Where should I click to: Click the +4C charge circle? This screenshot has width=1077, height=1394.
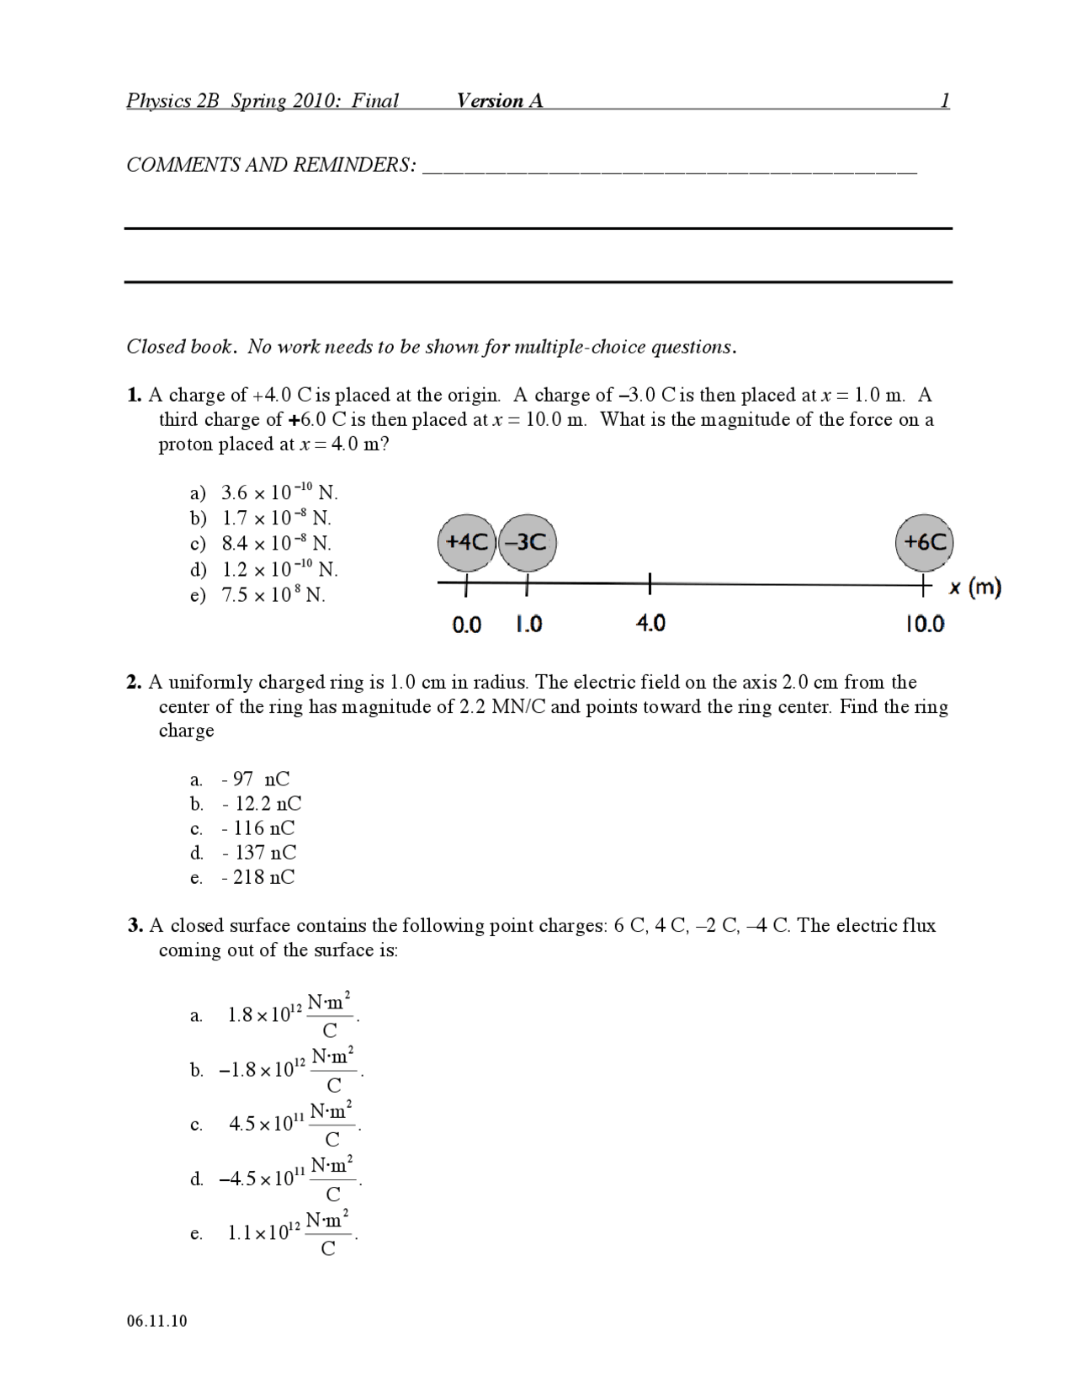tap(467, 542)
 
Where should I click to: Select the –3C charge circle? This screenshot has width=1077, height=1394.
tap(528, 542)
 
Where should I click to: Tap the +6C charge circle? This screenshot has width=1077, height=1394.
tap(924, 542)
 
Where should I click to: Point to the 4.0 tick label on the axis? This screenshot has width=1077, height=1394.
tap(650, 623)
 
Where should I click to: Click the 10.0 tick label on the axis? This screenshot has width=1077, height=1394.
tap(924, 624)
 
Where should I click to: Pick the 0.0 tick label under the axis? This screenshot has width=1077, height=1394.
tap(466, 625)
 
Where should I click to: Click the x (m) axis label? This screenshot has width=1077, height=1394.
tap(974, 588)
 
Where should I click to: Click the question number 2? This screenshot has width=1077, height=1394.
tap(134, 682)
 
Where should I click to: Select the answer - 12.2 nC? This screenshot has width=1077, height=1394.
tap(261, 804)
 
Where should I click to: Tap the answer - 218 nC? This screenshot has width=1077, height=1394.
tap(257, 877)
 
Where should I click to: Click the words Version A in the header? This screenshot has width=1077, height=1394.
tap(500, 101)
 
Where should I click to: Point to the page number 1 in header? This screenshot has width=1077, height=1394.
tap(945, 101)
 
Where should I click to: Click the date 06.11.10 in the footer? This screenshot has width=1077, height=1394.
tap(157, 1320)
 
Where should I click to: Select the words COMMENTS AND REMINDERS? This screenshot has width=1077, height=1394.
tap(270, 165)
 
